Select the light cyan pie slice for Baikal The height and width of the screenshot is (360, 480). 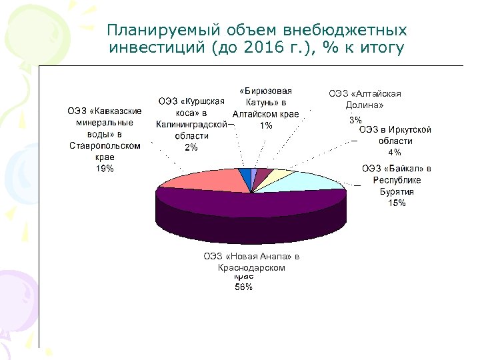313,181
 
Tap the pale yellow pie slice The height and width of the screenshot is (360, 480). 281,175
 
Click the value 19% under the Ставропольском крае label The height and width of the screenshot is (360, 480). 105,169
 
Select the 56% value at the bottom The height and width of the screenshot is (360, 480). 243,287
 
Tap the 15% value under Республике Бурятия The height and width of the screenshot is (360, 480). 396,203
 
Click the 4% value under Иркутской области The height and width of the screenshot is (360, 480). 395,152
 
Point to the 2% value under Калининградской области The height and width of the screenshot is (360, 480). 191,147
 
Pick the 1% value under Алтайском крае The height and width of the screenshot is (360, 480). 265,125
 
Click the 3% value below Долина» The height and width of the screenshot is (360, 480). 355,120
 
